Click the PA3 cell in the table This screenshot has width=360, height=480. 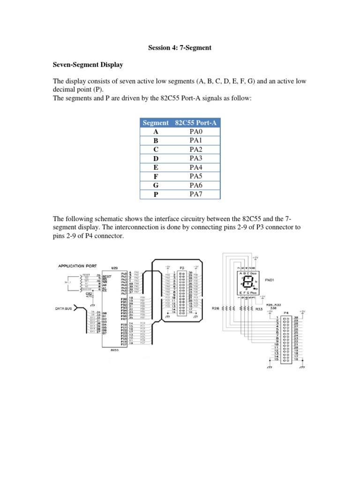pyautogui.click(x=195, y=158)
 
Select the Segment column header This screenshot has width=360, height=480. pyautogui.click(x=156, y=123)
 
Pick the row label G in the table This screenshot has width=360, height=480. pyautogui.click(x=156, y=185)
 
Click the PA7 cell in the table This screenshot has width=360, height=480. pyautogui.click(x=195, y=194)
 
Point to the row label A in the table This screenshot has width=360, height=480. pyautogui.click(x=156, y=132)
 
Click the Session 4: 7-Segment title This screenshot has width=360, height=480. pyautogui.click(x=180, y=47)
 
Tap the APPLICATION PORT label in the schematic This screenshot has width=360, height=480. pyautogui.click(x=76, y=266)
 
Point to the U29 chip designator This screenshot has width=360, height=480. pyautogui.click(x=114, y=268)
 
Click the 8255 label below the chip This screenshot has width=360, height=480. pyautogui.click(x=113, y=350)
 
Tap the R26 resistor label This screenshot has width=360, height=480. pyautogui.click(x=216, y=309)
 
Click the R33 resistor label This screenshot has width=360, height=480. pyautogui.click(x=259, y=309)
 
